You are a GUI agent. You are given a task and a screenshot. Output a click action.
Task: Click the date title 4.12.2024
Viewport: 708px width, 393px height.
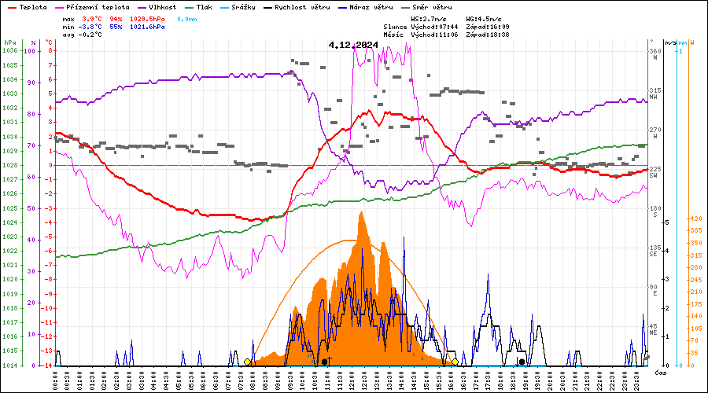pyautogui.click(x=353, y=46)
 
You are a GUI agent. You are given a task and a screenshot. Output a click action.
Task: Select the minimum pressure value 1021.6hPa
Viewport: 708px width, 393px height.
pyautogui.click(x=148, y=26)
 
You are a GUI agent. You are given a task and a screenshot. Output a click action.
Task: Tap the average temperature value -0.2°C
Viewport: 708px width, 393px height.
pyautogui.click(x=91, y=35)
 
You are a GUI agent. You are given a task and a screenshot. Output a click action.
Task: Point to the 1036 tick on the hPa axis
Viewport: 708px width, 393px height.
pyautogui.click(x=10, y=50)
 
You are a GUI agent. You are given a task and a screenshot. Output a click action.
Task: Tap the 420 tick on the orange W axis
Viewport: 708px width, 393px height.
pyautogui.click(x=695, y=219)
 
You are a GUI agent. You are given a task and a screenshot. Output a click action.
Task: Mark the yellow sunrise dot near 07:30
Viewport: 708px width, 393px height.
pyautogui.click(x=248, y=362)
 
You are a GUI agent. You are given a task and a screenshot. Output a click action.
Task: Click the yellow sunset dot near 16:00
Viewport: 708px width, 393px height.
pyautogui.click(x=455, y=362)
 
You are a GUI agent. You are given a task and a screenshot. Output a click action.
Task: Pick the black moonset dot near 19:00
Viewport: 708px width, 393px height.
pyautogui.click(x=522, y=362)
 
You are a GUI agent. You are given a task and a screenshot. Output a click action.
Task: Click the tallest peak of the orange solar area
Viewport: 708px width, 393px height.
pyautogui.click(x=361, y=213)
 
